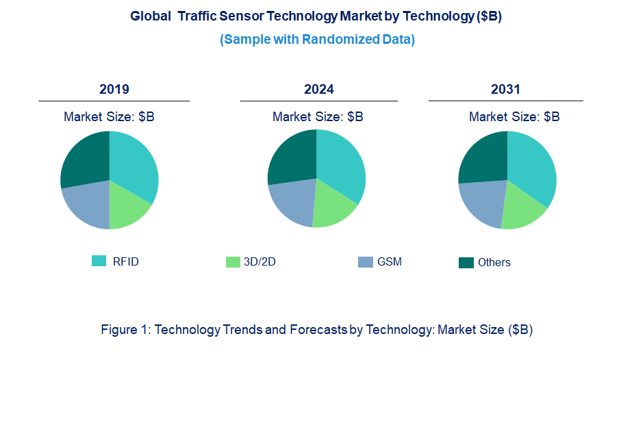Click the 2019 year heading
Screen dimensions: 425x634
coord(114,90)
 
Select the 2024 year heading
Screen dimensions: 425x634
coord(319,90)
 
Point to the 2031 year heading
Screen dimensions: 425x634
coord(505,90)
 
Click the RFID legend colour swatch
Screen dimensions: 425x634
coord(99,261)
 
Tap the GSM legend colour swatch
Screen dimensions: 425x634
coord(366,261)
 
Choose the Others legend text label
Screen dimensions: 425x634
coord(494,263)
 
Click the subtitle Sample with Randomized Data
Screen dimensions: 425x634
coord(317,39)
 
